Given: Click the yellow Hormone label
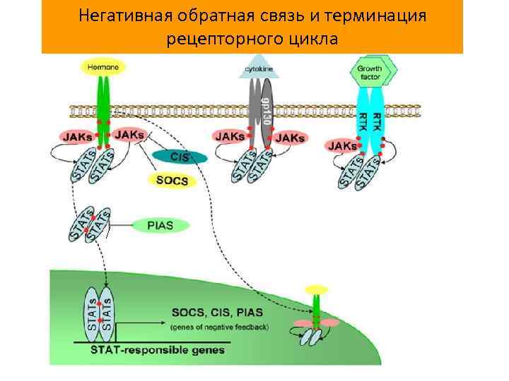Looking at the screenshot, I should (x=104, y=67).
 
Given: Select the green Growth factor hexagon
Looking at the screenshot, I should (x=373, y=69).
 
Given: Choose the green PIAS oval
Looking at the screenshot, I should (x=160, y=226).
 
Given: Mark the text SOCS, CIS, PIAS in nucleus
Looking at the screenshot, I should (x=217, y=312).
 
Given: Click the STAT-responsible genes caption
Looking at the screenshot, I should (x=157, y=350).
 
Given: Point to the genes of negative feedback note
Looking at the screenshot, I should (x=220, y=327).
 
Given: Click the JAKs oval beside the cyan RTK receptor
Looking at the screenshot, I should (x=341, y=145).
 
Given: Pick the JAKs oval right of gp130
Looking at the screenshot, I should (x=290, y=138).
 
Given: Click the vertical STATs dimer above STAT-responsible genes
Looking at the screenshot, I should (x=99, y=310).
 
